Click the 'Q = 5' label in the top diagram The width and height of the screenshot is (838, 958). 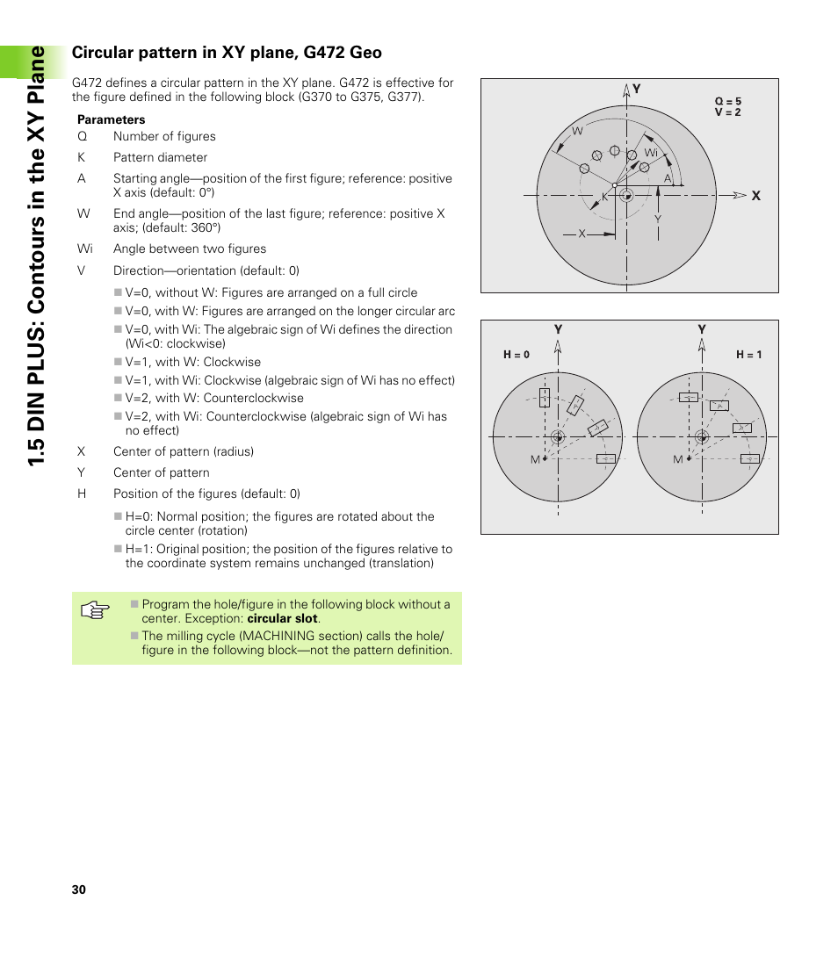click(x=727, y=102)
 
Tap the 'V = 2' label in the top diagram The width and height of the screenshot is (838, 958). click(x=727, y=112)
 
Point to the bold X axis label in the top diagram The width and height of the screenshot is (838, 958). click(x=755, y=197)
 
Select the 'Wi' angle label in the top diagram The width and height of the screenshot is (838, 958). click(x=651, y=153)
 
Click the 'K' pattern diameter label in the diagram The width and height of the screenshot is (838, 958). click(x=605, y=198)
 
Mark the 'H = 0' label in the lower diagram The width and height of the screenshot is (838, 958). click(x=517, y=355)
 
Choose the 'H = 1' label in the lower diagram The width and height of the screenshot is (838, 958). click(x=748, y=355)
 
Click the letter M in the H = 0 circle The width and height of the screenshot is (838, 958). click(x=535, y=460)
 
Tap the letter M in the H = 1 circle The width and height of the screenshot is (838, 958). click(x=677, y=460)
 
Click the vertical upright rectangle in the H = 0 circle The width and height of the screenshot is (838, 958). click(x=545, y=398)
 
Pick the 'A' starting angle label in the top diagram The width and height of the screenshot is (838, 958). click(x=668, y=178)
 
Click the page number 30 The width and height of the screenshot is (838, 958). click(x=79, y=890)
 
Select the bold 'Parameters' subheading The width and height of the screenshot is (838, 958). click(x=112, y=119)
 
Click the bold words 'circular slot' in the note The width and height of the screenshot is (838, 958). click(x=282, y=618)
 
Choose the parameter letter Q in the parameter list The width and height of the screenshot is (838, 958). click(x=82, y=136)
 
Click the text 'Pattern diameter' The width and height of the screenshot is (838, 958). click(x=160, y=157)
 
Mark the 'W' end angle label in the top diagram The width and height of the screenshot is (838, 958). click(x=577, y=131)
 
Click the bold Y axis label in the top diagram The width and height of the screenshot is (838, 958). click(x=637, y=89)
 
